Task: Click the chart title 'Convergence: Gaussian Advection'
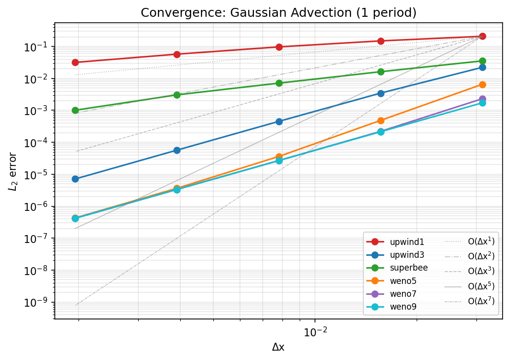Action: tap(278, 13)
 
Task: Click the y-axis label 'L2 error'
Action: tap(13, 171)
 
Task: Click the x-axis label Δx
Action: tap(278, 347)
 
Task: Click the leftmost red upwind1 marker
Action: tap(75, 62)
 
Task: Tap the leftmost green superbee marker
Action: tap(75, 110)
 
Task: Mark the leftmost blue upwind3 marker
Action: tap(75, 179)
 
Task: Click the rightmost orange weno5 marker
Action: tap(482, 84)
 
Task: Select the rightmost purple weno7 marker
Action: tap(482, 99)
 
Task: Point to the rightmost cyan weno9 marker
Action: tap(482, 103)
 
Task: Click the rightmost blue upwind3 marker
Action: tap(482, 67)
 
